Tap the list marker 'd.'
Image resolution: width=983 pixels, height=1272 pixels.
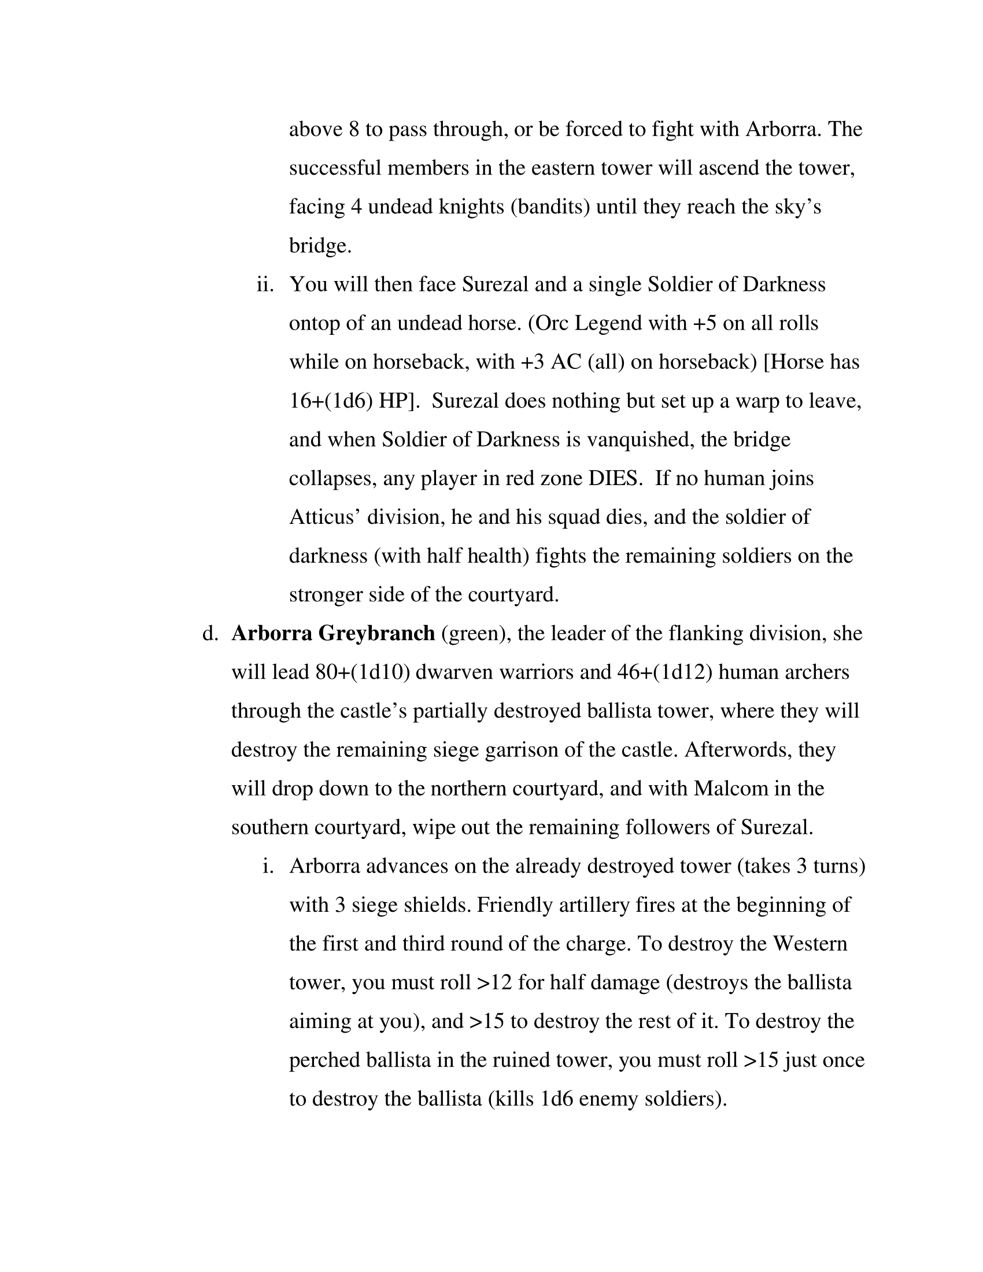tap(210, 633)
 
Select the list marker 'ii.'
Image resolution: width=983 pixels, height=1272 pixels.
tap(265, 284)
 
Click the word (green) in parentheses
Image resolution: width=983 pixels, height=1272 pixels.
tap(473, 633)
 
